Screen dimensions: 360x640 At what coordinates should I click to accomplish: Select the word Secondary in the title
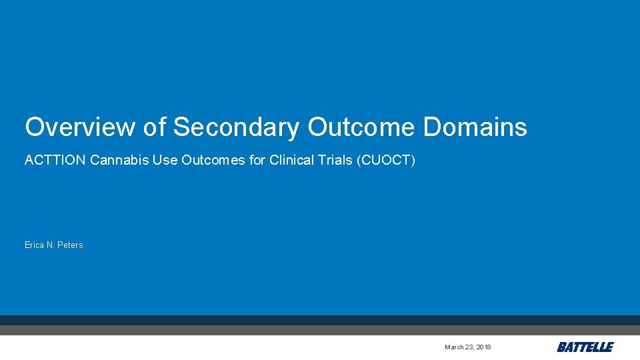click(236, 127)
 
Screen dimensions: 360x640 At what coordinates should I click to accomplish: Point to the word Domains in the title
click(475, 127)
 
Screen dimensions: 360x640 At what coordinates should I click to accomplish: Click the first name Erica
click(35, 245)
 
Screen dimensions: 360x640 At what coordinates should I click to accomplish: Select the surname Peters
click(71, 245)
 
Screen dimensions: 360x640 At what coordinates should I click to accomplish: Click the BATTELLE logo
click(585, 347)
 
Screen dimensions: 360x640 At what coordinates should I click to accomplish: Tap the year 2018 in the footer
click(484, 347)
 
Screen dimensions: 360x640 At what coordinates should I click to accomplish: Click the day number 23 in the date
click(469, 347)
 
